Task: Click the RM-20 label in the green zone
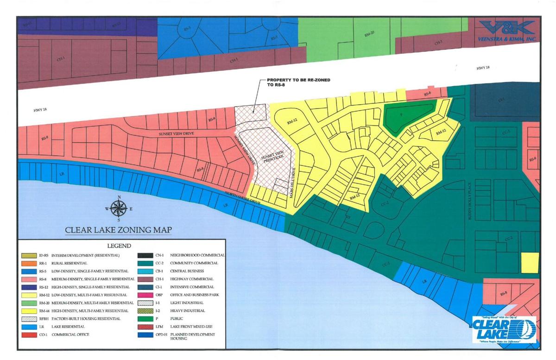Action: (x=367, y=35)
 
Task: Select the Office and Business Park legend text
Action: (x=195, y=294)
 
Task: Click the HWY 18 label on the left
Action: (x=27, y=110)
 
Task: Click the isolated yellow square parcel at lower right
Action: (x=530, y=263)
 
